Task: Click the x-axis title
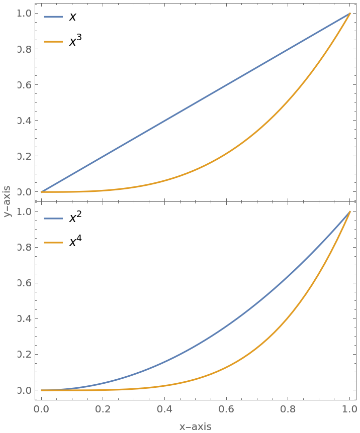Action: [x=195, y=427]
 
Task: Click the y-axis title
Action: [x=7, y=200]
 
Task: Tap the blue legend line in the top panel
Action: [x=53, y=17]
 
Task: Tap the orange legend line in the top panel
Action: [x=53, y=42]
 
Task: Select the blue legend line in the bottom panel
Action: [x=53, y=219]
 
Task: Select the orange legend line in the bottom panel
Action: [x=53, y=243]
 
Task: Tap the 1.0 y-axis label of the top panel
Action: [x=24, y=14]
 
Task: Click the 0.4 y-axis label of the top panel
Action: [x=24, y=121]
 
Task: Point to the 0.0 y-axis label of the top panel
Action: [x=24, y=192]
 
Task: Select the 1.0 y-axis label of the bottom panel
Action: [x=24, y=211]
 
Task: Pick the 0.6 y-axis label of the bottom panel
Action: [x=24, y=283]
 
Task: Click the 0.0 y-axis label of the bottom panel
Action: [x=24, y=390]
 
